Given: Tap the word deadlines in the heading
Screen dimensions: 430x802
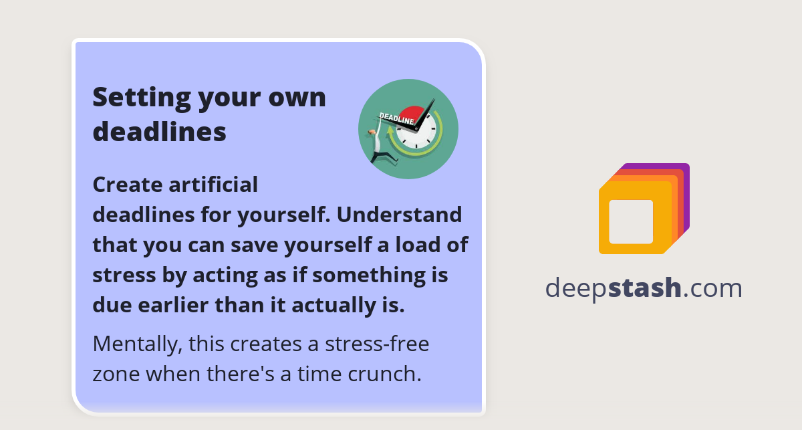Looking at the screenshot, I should (x=159, y=132).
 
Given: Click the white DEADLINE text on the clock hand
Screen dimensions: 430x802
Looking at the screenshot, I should (x=397, y=119).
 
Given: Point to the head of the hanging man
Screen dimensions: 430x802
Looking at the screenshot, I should (x=372, y=132).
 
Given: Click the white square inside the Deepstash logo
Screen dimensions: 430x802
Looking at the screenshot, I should (x=631, y=221).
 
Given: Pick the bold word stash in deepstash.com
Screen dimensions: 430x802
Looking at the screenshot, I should (x=646, y=288).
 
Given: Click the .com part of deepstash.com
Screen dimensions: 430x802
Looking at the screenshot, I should (x=713, y=288).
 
